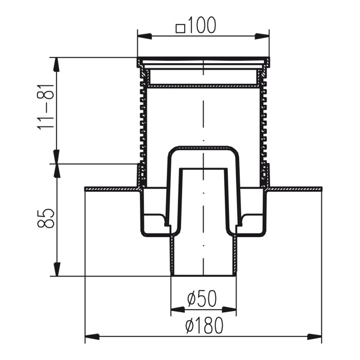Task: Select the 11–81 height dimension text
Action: [x=45, y=107]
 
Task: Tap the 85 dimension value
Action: [x=45, y=219]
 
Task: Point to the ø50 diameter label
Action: [x=202, y=299]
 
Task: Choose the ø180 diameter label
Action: [x=204, y=326]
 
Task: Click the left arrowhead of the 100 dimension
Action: [x=145, y=37]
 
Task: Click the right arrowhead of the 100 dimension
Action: [x=262, y=37]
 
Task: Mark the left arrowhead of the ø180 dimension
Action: [x=92, y=337]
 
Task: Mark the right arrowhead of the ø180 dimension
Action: [x=315, y=337]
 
